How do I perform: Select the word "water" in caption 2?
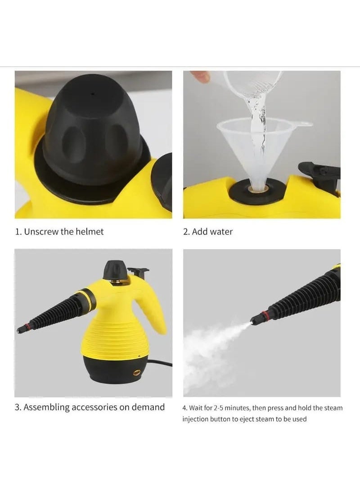coord(221,232)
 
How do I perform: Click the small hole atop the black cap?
coord(93,94)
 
